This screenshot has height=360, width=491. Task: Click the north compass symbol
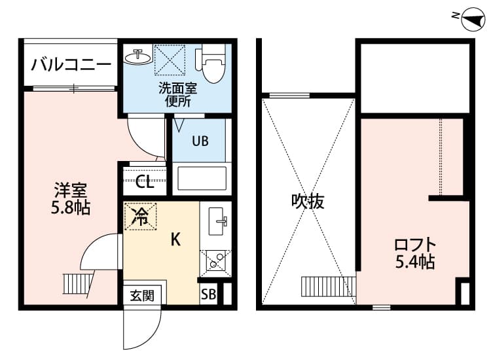pos(471,20)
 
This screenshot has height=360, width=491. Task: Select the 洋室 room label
pos(71,191)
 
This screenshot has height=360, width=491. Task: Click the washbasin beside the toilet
pos(136,56)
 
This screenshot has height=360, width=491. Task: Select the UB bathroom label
pos(200,141)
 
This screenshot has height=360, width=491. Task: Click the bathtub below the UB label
pos(202,178)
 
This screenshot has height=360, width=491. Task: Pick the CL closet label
pos(145,182)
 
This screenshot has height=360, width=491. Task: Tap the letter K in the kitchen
pos(175,240)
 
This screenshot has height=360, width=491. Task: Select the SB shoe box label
pos(209,293)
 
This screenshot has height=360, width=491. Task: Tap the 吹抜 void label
pos(308,202)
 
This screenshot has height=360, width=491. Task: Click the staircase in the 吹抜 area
pos(327,287)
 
